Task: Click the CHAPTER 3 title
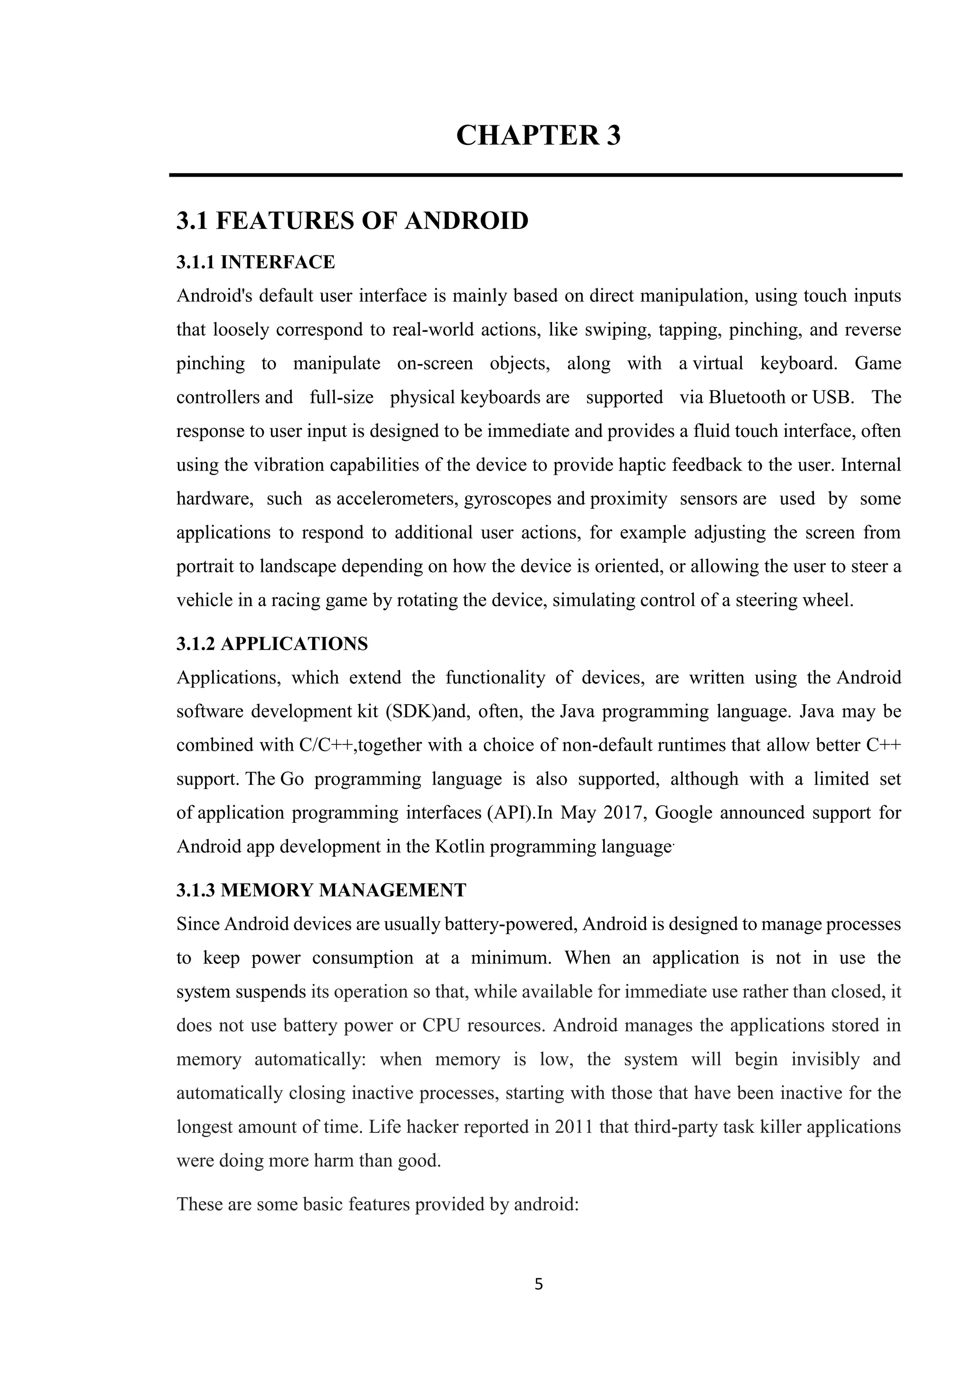538,135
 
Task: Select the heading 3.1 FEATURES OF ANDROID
352,221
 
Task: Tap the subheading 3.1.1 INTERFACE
255,262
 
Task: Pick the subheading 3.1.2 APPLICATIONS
272,644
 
